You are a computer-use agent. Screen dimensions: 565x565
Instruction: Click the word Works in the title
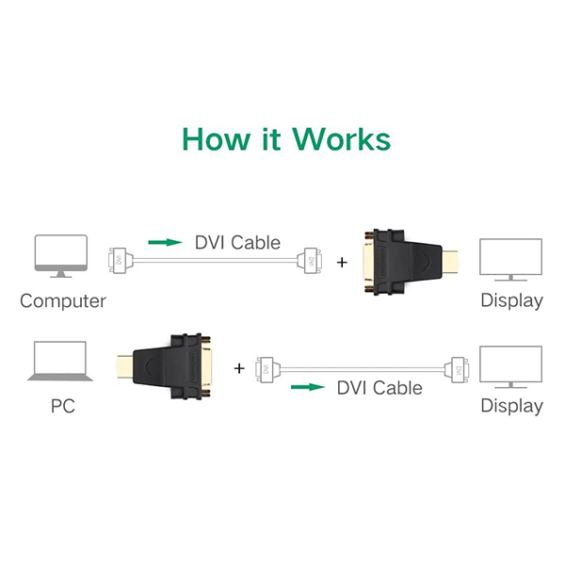(x=341, y=138)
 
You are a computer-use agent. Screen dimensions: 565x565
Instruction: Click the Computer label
(x=63, y=301)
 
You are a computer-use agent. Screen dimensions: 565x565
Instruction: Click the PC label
(x=63, y=407)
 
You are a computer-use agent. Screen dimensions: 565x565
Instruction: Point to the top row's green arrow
(x=166, y=242)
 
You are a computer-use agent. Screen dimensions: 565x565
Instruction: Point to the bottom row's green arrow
(x=307, y=387)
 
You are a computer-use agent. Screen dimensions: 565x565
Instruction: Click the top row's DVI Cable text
(x=237, y=242)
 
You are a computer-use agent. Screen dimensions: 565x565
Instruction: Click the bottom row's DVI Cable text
(x=379, y=387)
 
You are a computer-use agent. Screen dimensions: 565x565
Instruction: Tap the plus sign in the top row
(x=341, y=260)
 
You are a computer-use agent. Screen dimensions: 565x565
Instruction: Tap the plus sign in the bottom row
(x=239, y=366)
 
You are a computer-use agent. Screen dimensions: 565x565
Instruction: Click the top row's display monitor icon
(x=511, y=260)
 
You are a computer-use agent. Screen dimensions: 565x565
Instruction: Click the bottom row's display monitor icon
(x=511, y=367)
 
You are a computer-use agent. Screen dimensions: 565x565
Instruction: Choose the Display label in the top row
(x=511, y=301)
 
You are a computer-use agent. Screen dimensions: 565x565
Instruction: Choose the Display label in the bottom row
(x=511, y=407)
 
